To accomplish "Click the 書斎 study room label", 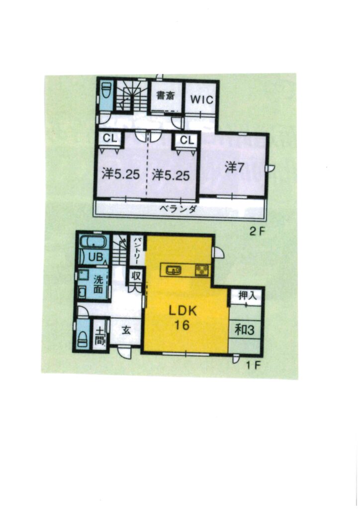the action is [166, 95].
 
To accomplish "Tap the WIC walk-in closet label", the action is [201, 99].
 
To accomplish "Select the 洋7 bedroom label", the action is [234, 168].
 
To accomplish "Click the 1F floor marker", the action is [253, 365].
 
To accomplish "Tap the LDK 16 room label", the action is [182, 318].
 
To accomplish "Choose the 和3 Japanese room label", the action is [245, 330].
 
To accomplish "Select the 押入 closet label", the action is [247, 296].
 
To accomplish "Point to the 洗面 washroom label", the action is [98, 284].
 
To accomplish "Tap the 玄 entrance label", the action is [127, 331].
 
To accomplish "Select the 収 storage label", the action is [136, 276].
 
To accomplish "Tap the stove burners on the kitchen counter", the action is [202, 270].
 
